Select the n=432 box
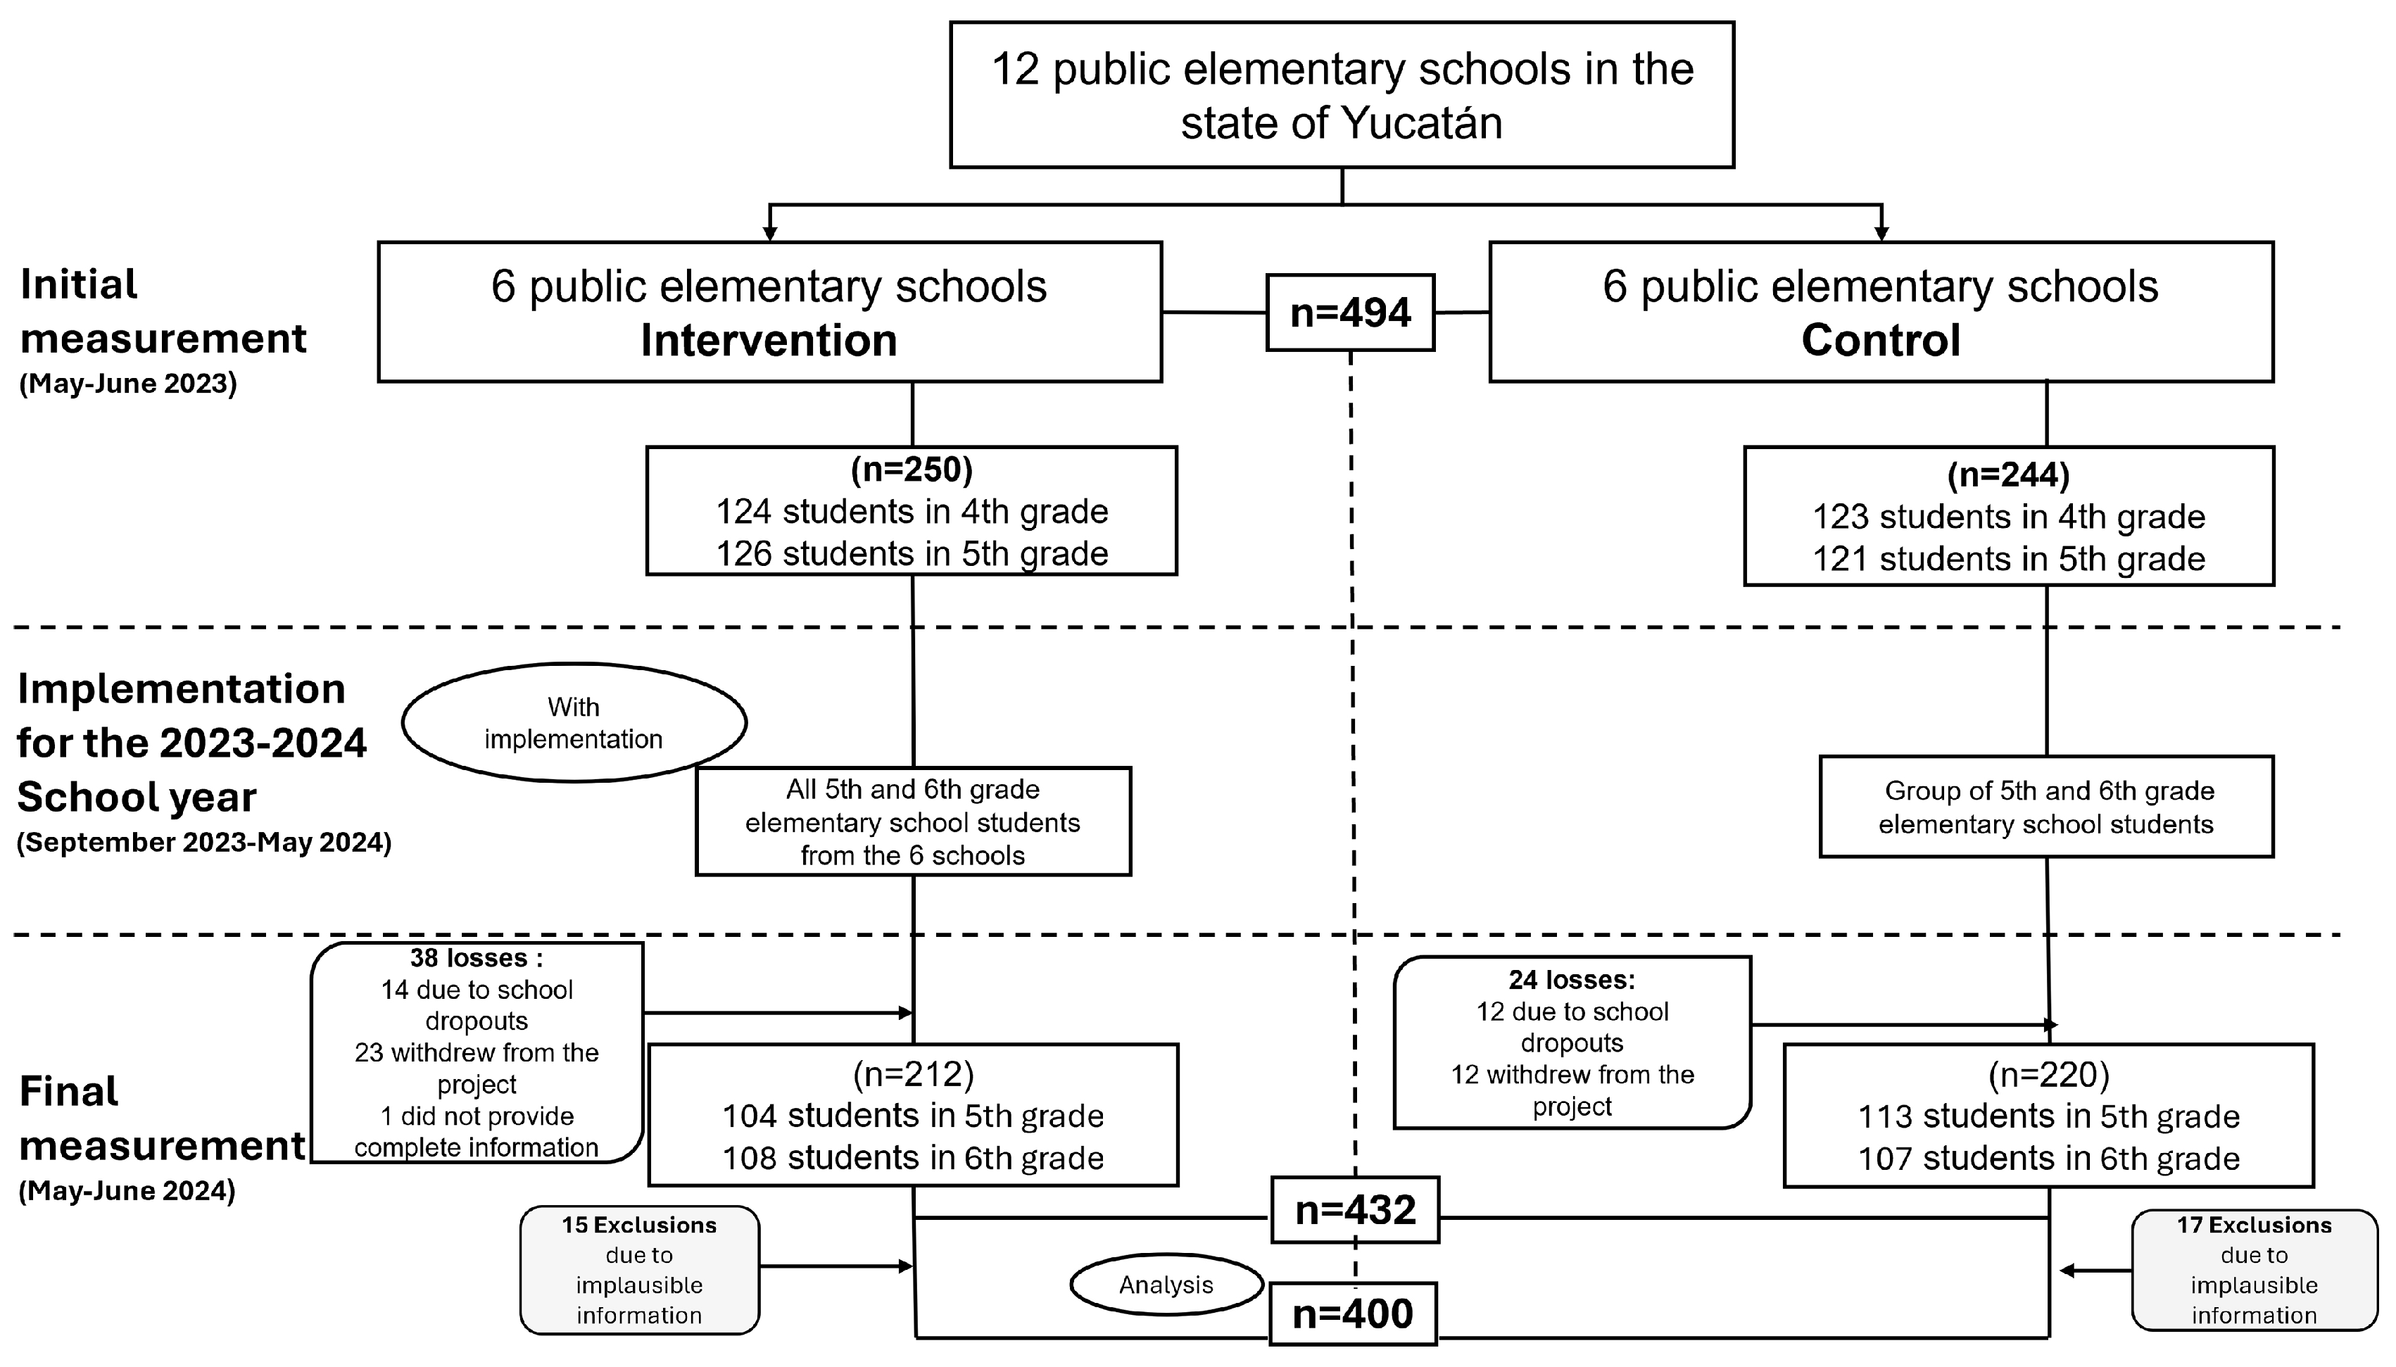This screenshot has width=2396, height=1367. (1354, 1210)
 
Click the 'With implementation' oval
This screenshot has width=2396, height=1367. (574, 723)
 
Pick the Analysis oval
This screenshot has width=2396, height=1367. (1166, 1285)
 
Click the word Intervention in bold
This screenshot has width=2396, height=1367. (769, 340)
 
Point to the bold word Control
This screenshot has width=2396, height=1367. (1880, 340)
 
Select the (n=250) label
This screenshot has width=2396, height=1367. (912, 469)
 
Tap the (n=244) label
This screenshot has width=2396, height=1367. (2007, 475)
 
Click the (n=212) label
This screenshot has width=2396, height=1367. (912, 1073)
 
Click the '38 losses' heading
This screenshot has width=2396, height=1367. (476, 959)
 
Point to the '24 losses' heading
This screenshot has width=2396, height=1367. (1571, 980)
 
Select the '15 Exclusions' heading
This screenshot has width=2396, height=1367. (639, 1226)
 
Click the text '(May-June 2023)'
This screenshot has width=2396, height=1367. (127, 384)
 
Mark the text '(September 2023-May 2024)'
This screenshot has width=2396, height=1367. (203, 842)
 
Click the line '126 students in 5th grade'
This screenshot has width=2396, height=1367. (912, 554)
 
